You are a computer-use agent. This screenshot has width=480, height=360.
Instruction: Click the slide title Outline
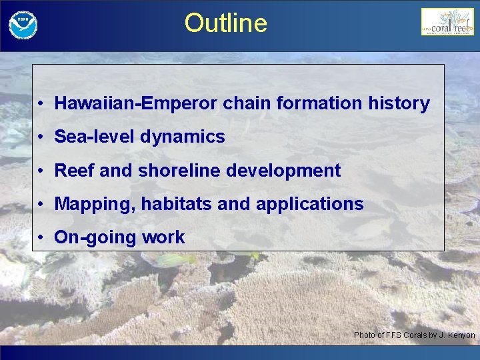pos(225,23)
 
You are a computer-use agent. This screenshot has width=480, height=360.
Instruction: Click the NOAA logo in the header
pos(23,25)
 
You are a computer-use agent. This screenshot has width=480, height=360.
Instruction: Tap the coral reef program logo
pos(447,23)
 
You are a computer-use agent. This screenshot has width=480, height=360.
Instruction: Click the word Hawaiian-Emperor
pos(136,103)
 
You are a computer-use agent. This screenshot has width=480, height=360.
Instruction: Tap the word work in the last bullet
pos(162,237)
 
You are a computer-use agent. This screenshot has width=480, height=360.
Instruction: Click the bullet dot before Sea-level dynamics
pos(41,137)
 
